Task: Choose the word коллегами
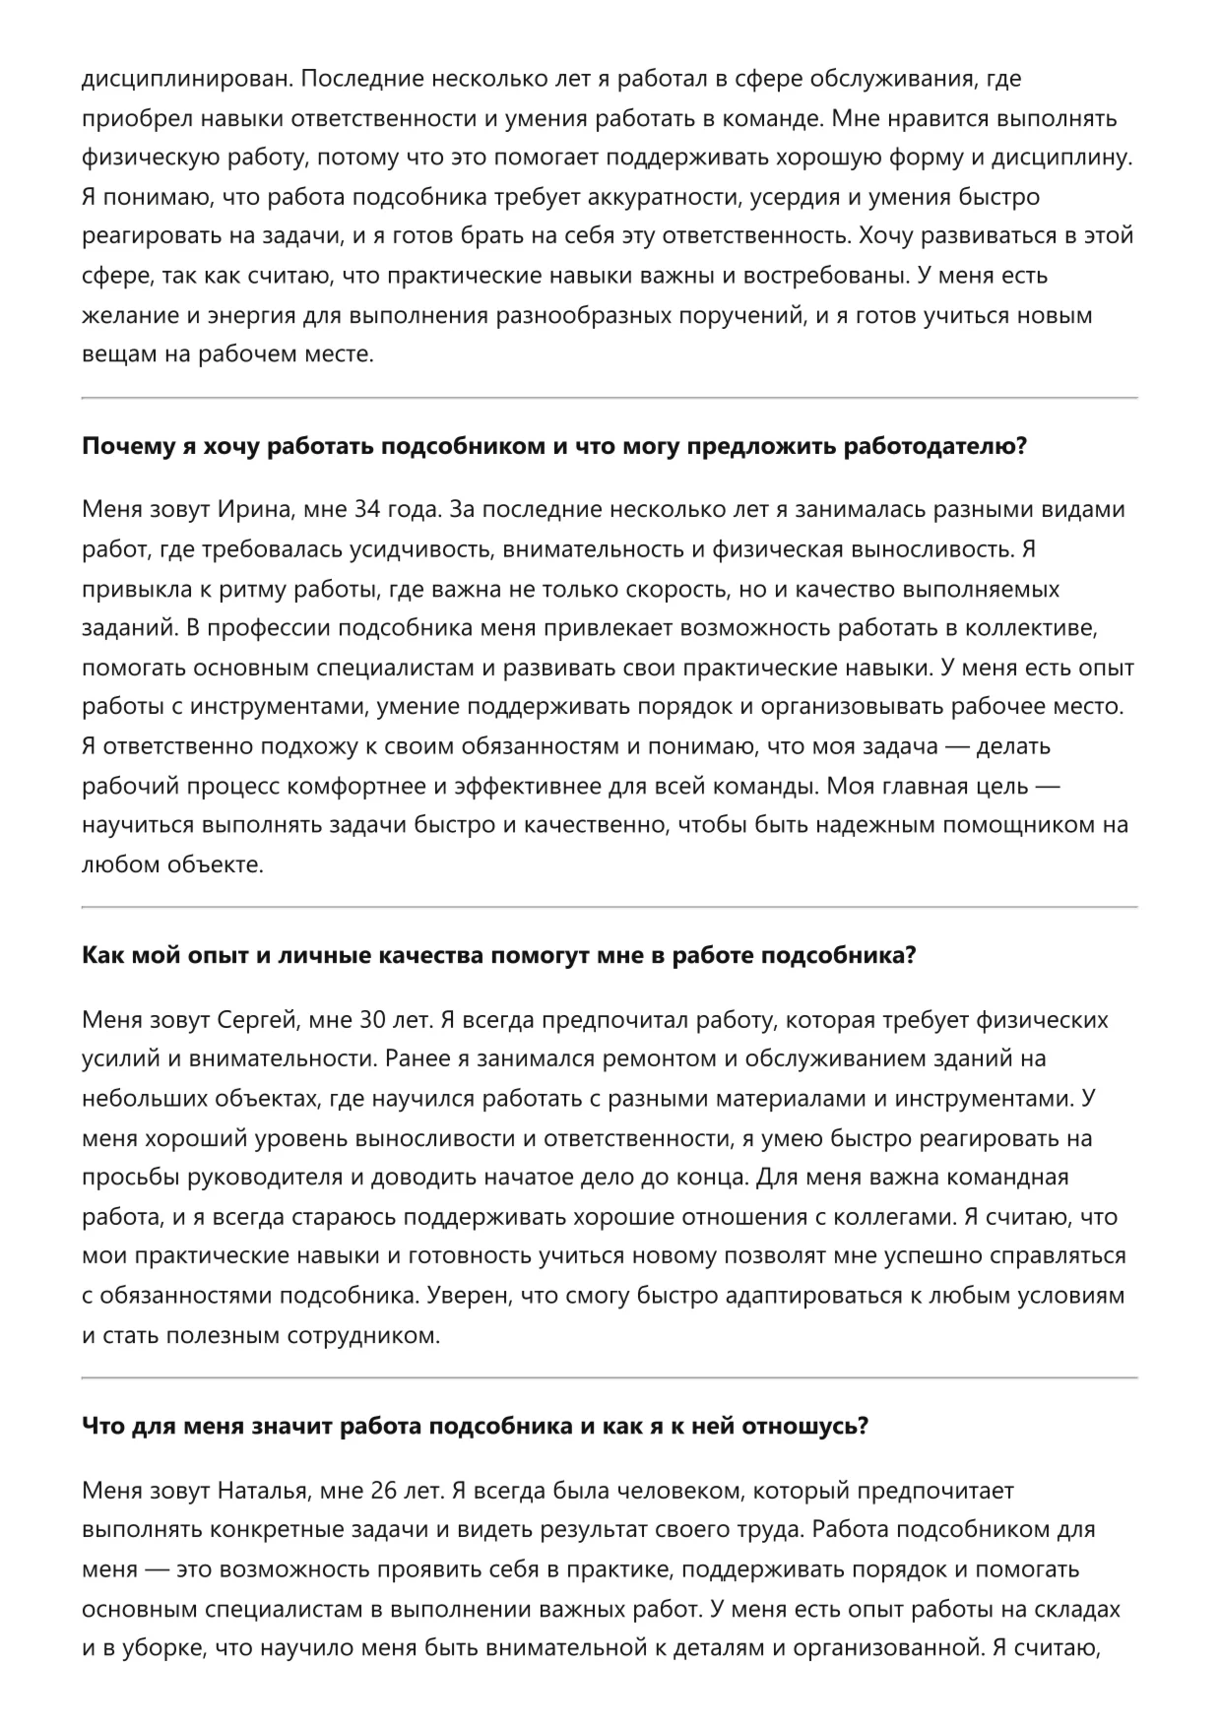tap(892, 1217)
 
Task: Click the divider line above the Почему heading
tap(610, 398)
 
